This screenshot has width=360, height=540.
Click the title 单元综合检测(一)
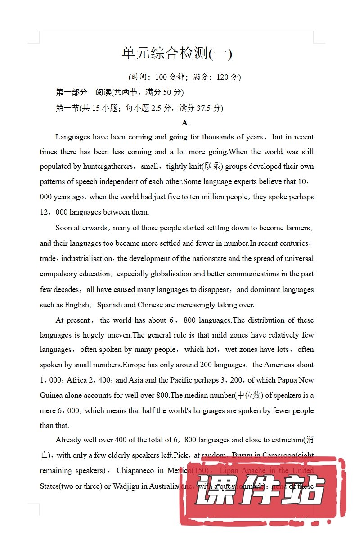pos(177,54)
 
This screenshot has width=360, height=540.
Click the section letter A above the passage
pos(184,123)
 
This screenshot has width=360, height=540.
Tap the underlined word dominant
pos(265,289)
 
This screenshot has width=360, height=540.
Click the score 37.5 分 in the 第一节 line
pos(208,108)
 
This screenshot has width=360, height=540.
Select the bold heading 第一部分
pos(71,92)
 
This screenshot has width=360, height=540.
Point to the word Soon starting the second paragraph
pos(63,228)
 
